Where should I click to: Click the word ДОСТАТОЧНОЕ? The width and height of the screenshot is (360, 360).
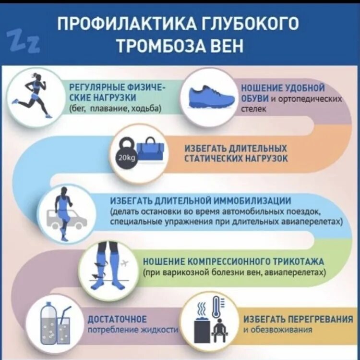(117, 320)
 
